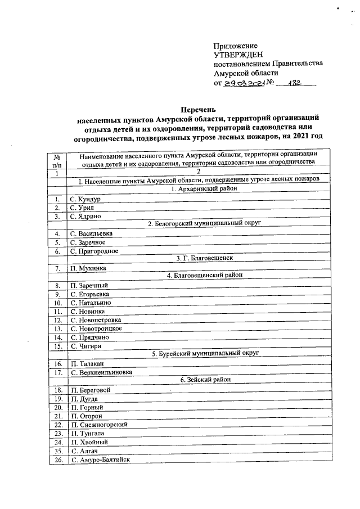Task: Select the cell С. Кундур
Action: click(x=85, y=199)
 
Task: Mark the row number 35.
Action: click(x=57, y=451)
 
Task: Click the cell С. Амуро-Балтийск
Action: click(x=100, y=460)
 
